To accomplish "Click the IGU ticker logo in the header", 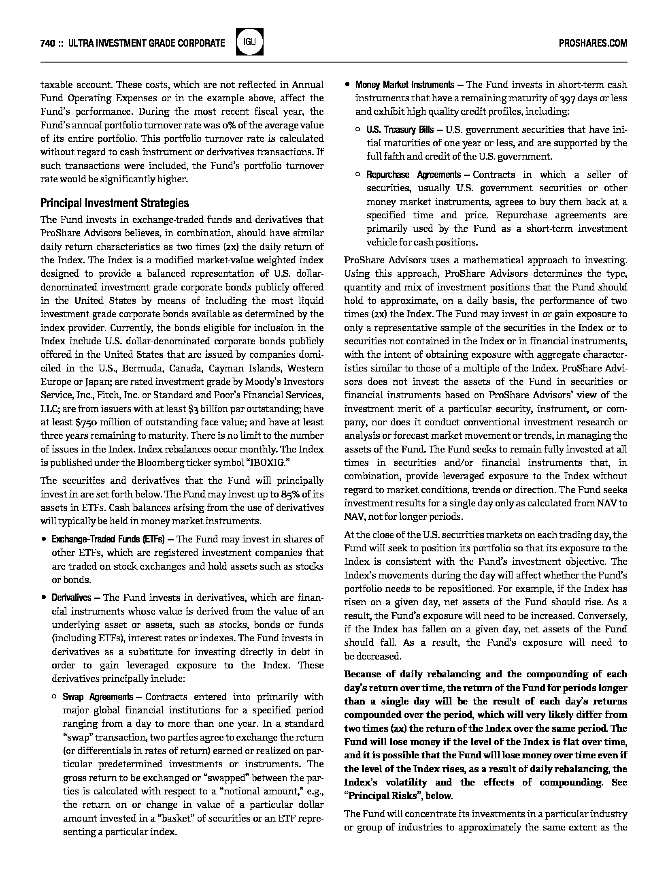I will pos(249,42).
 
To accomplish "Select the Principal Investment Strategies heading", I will pos(115,203).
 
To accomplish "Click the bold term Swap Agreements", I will pos(98,697).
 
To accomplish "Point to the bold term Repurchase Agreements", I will pos(413,175).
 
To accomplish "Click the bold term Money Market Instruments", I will pos(404,85).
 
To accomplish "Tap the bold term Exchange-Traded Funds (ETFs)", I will pos(108,539).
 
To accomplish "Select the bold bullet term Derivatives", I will pos(71,598).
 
